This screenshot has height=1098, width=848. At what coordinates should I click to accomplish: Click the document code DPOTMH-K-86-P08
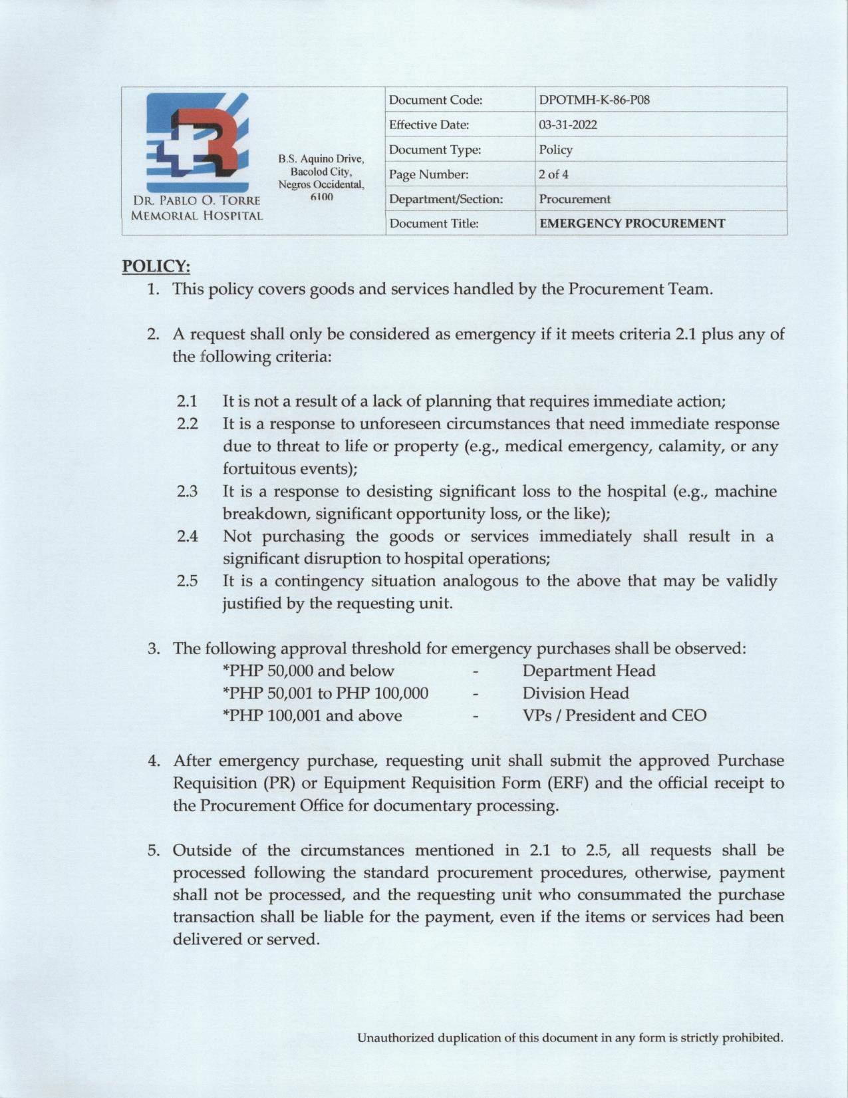point(594,100)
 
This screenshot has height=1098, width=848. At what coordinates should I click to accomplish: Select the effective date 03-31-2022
point(568,125)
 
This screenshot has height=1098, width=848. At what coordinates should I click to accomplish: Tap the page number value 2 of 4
point(553,174)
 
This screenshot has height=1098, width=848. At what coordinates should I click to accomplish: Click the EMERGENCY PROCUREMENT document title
point(632,224)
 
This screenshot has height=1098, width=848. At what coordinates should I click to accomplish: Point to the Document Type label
point(434,150)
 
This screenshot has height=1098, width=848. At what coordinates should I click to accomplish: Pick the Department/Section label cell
point(446,199)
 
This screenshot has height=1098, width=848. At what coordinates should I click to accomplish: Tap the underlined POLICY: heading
point(156,266)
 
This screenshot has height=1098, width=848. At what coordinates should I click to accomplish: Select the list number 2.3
point(188,492)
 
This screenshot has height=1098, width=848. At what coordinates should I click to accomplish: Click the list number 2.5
point(188,581)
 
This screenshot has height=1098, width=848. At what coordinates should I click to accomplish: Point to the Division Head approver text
point(575,693)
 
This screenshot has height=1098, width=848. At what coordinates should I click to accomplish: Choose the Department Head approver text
point(589,671)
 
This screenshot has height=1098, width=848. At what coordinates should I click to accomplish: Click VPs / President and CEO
point(614,715)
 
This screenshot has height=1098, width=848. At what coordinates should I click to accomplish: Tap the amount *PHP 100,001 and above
point(313,715)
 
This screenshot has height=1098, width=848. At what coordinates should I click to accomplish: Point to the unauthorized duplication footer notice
point(570,1037)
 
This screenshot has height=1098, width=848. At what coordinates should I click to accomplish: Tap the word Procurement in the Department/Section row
point(575,199)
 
